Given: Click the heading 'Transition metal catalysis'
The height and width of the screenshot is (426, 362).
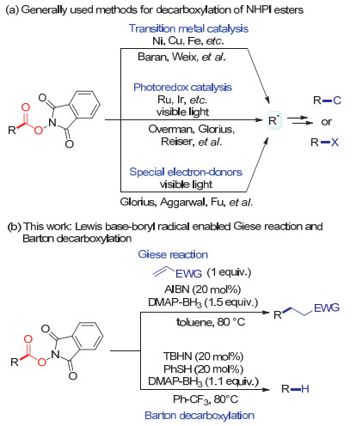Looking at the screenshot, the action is pyautogui.click(x=188, y=28).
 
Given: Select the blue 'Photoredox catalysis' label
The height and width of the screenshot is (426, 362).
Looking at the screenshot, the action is pyautogui.click(x=182, y=88).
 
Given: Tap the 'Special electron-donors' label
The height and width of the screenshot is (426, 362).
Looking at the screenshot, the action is pyautogui.click(x=186, y=172).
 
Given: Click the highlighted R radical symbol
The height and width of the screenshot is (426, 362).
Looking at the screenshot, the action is pyautogui.click(x=273, y=120).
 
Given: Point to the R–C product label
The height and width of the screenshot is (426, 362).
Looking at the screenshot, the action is pyautogui.click(x=327, y=100).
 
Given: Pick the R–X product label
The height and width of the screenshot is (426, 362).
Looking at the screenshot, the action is pyautogui.click(x=325, y=143).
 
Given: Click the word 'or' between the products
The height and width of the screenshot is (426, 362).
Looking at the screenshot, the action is pyautogui.click(x=327, y=122).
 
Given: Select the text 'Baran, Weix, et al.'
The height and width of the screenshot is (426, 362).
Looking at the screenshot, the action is pyautogui.click(x=181, y=57).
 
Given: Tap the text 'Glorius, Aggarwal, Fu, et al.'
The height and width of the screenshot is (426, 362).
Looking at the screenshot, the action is pyautogui.click(x=187, y=202).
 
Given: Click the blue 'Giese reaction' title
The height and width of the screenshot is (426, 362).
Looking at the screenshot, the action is pyautogui.click(x=173, y=254).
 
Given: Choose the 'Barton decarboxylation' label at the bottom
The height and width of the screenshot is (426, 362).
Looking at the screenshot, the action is pyautogui.click(x=199, y=416).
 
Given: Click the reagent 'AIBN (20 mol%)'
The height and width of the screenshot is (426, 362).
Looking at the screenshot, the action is pyautogui.click(x=203, y=289).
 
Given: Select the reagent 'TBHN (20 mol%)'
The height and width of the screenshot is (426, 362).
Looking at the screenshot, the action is pyautogui.click(x=203, y=356).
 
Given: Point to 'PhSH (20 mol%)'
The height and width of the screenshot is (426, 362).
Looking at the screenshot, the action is pyautogui.click(x=203, y=369).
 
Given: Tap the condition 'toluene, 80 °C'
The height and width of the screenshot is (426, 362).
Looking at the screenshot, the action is pyautogui.click(x=211, y=322).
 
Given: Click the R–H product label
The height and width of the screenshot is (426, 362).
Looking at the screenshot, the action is pyautogui.click(x=295, y=389).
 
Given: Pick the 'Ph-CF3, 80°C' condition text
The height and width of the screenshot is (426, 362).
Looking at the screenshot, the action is pyautogui.click(x=206, y=399).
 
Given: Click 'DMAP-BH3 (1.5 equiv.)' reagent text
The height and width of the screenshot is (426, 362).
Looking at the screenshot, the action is pyautogui.click(x=203, y=302).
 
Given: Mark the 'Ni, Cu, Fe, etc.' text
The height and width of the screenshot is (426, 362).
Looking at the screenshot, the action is pyautogui.click(x=188, y=41).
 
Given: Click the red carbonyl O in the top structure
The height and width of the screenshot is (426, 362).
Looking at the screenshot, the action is pyautogui.click(x=26, y=107).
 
